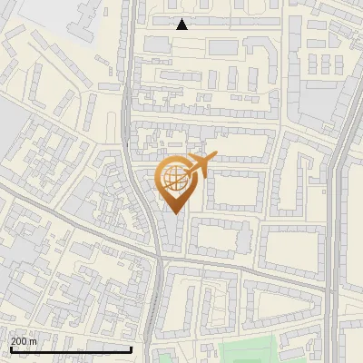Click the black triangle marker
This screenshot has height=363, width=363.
click(181, 25)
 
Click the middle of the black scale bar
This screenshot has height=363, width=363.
click(71, 349)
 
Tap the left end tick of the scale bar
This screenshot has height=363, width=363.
click(10, 349)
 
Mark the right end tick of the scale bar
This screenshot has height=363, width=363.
click(132, 349)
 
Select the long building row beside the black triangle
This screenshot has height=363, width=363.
click(218, 19)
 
